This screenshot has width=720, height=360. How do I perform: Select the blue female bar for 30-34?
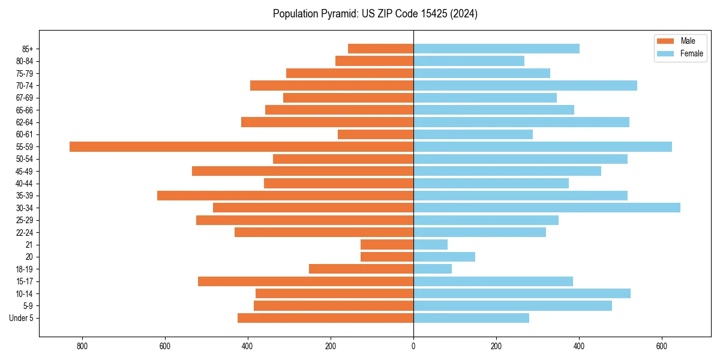click(547, 208)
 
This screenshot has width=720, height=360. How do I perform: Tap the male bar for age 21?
click(387, 244)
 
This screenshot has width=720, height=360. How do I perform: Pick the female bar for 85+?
click(496, 49)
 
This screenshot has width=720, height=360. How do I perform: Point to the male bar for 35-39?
click(285, 196)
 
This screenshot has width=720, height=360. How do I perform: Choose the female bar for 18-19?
click(433, 269)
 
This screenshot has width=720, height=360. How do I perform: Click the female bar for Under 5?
click(471, 318)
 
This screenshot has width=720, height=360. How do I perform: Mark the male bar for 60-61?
click(376, 134)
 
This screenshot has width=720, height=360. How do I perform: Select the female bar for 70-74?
click(525, 85)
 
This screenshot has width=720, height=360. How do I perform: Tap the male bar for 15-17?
click(305, 281)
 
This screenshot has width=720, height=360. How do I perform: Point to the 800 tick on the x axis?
click(82, 346)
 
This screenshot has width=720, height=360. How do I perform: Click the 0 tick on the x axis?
click(413, 346)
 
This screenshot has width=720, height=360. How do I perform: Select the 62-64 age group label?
click(25, 122)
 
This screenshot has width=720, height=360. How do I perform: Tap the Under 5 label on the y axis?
click(22, 318)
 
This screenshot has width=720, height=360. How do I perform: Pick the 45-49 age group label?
click(25, 171)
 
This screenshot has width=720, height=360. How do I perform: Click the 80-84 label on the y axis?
click(25, 61)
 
